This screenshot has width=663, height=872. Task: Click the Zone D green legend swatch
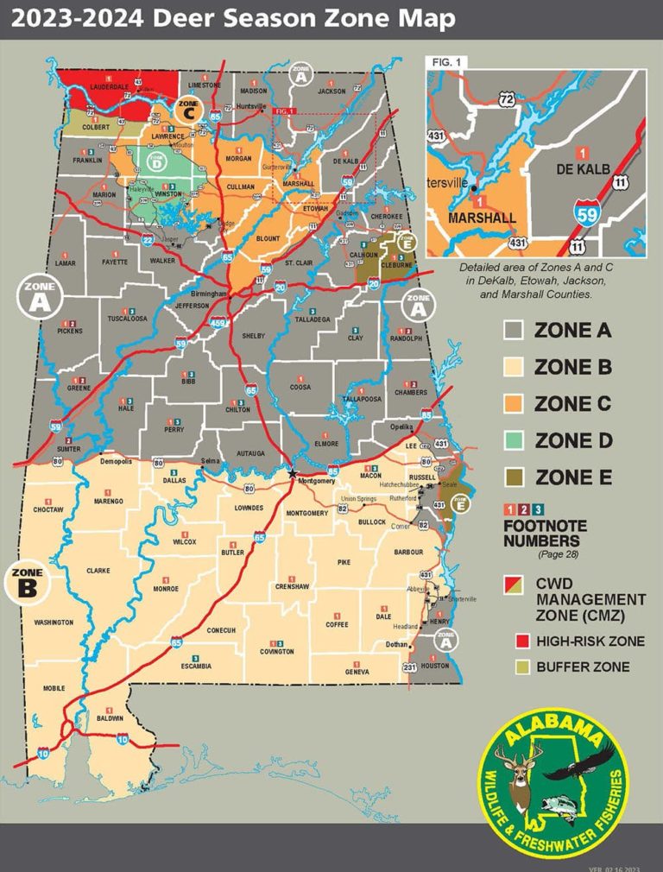(x=515, y=440)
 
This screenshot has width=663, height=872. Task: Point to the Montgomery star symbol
(x=292, y=473)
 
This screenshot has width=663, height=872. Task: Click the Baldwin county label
(x=110, y=718)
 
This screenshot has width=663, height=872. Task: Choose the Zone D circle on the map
(x=155, y=160)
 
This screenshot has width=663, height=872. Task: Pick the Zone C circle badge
(x=188, y=109)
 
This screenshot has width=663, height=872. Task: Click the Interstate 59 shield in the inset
(x=586, y=212)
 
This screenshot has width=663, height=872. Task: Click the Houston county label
(x=435, y=666)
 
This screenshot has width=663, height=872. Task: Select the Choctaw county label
(x=48, y=510)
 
